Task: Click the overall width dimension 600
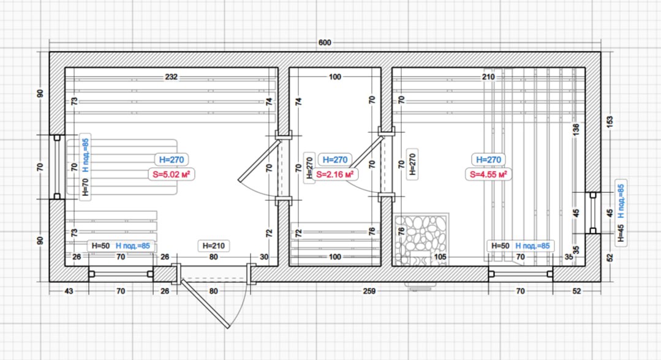[325, 43]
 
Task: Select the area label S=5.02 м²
[171, 174]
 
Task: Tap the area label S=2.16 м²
[334, 174]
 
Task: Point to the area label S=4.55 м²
[489, 174]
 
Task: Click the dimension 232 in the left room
[171, 77]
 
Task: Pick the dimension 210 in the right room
[488, 77]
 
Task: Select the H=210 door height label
[214, 246]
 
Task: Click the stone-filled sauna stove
[421, 239]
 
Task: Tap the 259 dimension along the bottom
[369, 291]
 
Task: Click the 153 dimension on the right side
[610, 122]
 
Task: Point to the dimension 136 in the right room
[576, 129]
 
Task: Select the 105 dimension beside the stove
[440, 257]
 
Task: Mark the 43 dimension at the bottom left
[68, 291]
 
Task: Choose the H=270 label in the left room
[171, 160]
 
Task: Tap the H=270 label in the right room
[489, 160]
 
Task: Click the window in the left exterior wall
[57, 167]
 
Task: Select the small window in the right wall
[593, 213]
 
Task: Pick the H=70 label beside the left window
[86, 187]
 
